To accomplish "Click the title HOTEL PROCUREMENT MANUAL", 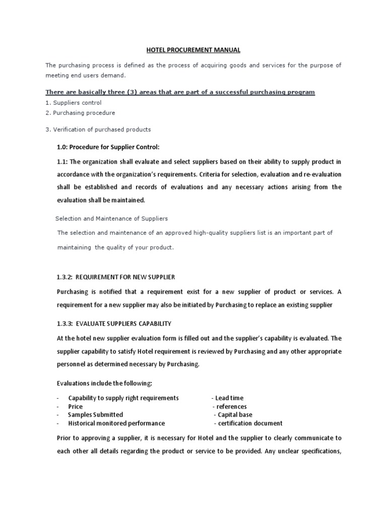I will [193, 50].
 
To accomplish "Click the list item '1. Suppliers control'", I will [74, 103].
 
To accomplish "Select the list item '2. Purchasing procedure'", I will [80, 113].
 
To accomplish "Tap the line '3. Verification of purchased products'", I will [98, 130].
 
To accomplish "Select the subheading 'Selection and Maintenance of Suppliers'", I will [111, 219].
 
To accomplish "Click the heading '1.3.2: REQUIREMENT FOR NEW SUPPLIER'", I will [116, 278].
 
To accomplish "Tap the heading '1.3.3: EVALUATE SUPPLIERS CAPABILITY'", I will [114, 324].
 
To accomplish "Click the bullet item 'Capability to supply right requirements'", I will [123, 398].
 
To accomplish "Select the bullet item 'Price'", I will [76, 407].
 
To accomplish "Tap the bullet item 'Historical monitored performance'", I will [116, 423].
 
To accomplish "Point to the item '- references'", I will [230, 407].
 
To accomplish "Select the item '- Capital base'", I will [233, 415].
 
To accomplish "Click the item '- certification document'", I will [248, 423].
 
